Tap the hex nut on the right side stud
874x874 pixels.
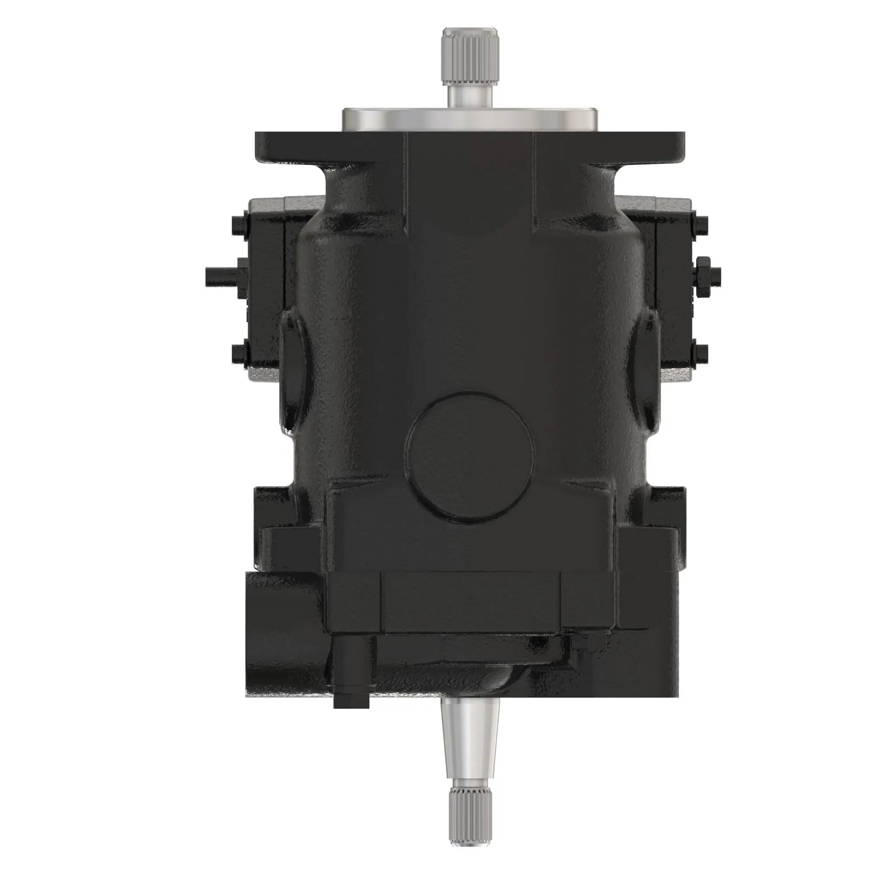point(704,274)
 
